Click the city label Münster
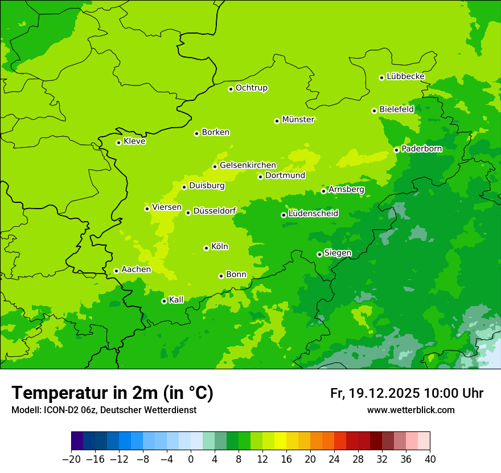pos(298,120)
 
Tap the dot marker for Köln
pos(206,248)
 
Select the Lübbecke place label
pos(405,76)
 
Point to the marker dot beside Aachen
pos(116,271)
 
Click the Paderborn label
pos(421,149)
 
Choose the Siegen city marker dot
pos(319,254)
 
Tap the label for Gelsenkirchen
pos(248,165)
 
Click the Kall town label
pos(176,300)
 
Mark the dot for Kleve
pos(118,142)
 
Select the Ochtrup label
pos(251,88)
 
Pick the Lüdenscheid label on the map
pos(313,214)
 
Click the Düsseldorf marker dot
pos(188,213)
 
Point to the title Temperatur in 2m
pos(112,393)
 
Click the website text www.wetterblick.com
pos(410,410)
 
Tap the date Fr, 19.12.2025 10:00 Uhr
pos(406,394)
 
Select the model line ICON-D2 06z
pos(104,410)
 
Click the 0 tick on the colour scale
pos(191,459)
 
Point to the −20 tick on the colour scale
pos(71,459)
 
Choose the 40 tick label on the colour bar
pos(430,459)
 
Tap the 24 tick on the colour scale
pos(334,459)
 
